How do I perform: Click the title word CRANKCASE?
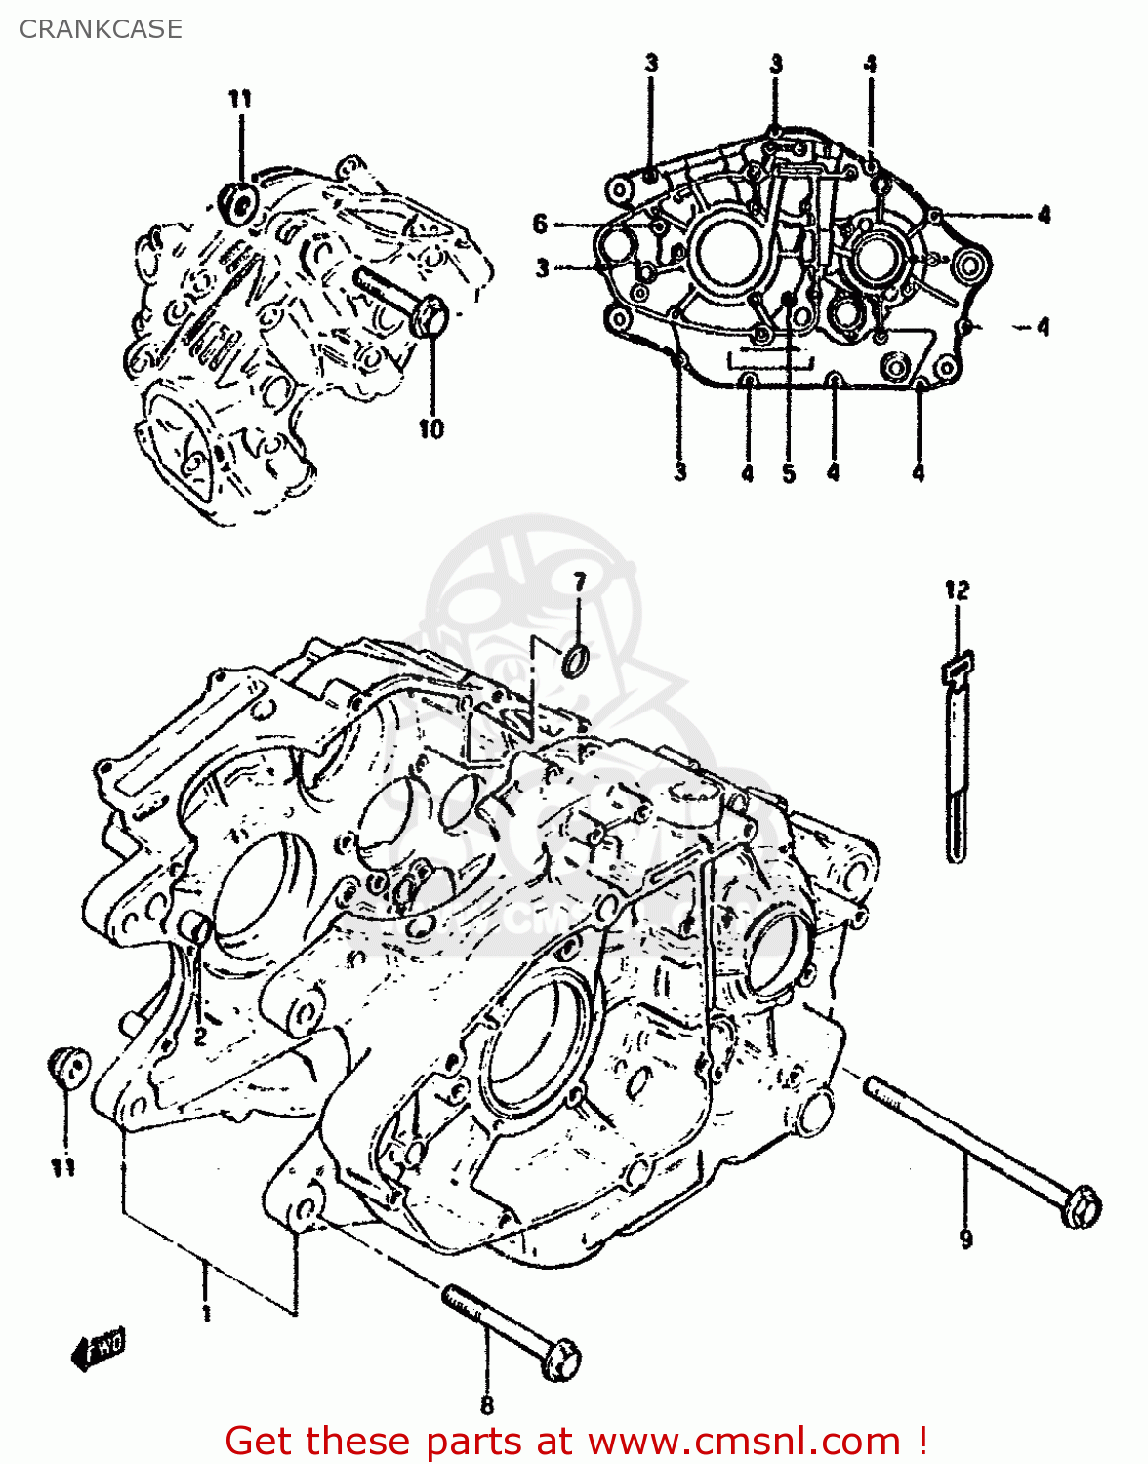point(101,29)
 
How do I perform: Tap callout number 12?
point(957,590)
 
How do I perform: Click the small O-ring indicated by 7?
point(577,660)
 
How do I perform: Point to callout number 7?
point(579,583)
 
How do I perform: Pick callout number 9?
point(965,1239)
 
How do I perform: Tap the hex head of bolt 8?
point(559,1358)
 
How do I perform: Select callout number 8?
point(487,1404)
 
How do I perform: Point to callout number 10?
point(430,428)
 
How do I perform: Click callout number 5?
point(789,474)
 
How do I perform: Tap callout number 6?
point(540,224)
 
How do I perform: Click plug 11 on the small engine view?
point(237,200)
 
